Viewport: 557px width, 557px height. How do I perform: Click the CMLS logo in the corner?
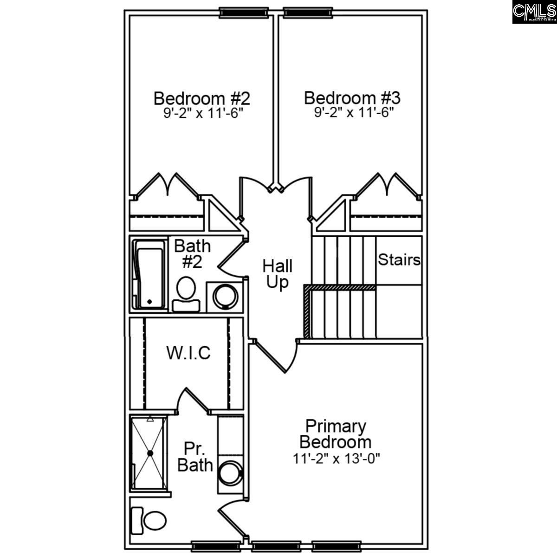[534, 12]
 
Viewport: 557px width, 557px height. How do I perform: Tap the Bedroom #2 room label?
[202, 98]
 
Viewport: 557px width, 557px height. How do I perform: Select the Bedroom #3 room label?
[352, 98]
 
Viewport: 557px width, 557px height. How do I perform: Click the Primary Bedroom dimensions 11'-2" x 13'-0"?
[337, 459]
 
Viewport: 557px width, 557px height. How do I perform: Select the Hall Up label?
[278, 274]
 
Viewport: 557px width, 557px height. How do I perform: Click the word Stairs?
[399, 259]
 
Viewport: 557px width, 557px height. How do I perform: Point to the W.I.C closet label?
[188, 353]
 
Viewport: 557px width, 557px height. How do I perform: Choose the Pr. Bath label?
[195, 457]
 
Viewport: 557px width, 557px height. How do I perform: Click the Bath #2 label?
[192, 253]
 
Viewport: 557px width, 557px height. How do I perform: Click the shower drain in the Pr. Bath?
[150, 453]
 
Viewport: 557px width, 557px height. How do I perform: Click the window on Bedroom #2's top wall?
[243, 12]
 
